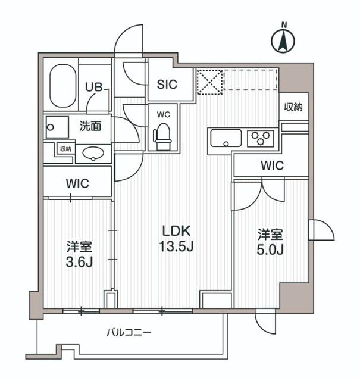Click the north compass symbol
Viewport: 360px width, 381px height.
[x=284, y=40]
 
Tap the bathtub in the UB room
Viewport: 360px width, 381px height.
[x=61, y=86]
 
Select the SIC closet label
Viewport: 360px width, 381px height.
[x=167, y=85]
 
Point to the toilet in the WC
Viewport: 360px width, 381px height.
[x=161, y=135]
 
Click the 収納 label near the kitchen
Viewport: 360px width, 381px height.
[x=293, y=108]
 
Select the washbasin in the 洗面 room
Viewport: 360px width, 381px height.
[x=93, y=154]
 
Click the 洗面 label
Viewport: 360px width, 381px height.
[x=90, y=126]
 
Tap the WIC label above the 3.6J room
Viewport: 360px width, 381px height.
[x=77, y=183]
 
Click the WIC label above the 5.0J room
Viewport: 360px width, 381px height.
[x=271, y=165]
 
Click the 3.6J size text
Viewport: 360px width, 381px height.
[x=79, y=261]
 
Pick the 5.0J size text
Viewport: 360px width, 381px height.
[x=270, y=249]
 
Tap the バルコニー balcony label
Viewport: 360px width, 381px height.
[x=129, y=332]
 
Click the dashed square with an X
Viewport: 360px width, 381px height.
[x=209, y=82]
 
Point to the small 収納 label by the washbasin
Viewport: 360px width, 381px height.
[x=65, y=149]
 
